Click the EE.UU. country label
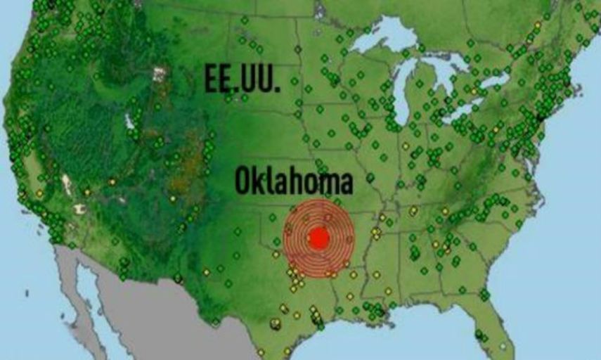pos(243,79)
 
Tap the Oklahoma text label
pos(293,181)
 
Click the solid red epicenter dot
pos(318,238)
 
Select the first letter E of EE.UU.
pos(211,79)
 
